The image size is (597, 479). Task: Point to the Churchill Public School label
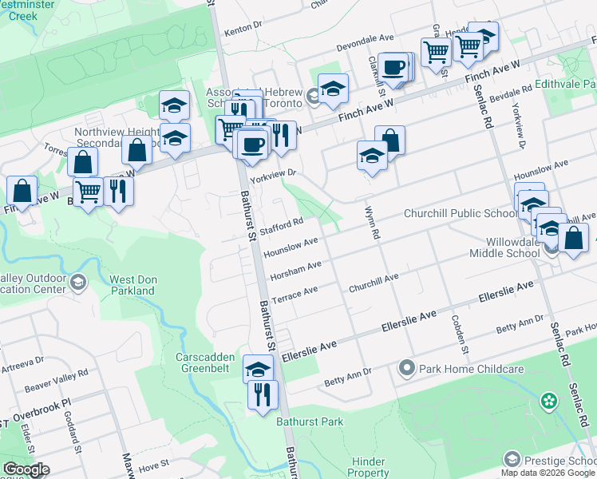[x=461, y=213]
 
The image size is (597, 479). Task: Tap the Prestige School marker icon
[x=512, y=459]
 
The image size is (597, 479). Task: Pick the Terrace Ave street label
[x=295, y=295]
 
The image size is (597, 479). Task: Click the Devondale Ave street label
[x=366, y=38]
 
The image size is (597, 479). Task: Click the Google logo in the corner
[x=26, y=469]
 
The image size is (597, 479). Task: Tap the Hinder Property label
[x=368, y=467]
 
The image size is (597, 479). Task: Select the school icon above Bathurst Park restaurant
[x=258, y=369]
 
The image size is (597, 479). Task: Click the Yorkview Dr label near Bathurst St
[x=276, y=174]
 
